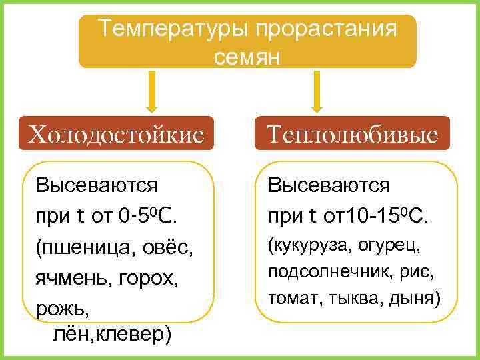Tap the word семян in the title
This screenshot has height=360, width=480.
pyautogui.click(x=247, y=57)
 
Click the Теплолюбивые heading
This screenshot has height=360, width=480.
pyautogui.click(x=353, y=135)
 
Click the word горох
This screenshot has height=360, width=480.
pyautogui.click(x=153, y=279)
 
